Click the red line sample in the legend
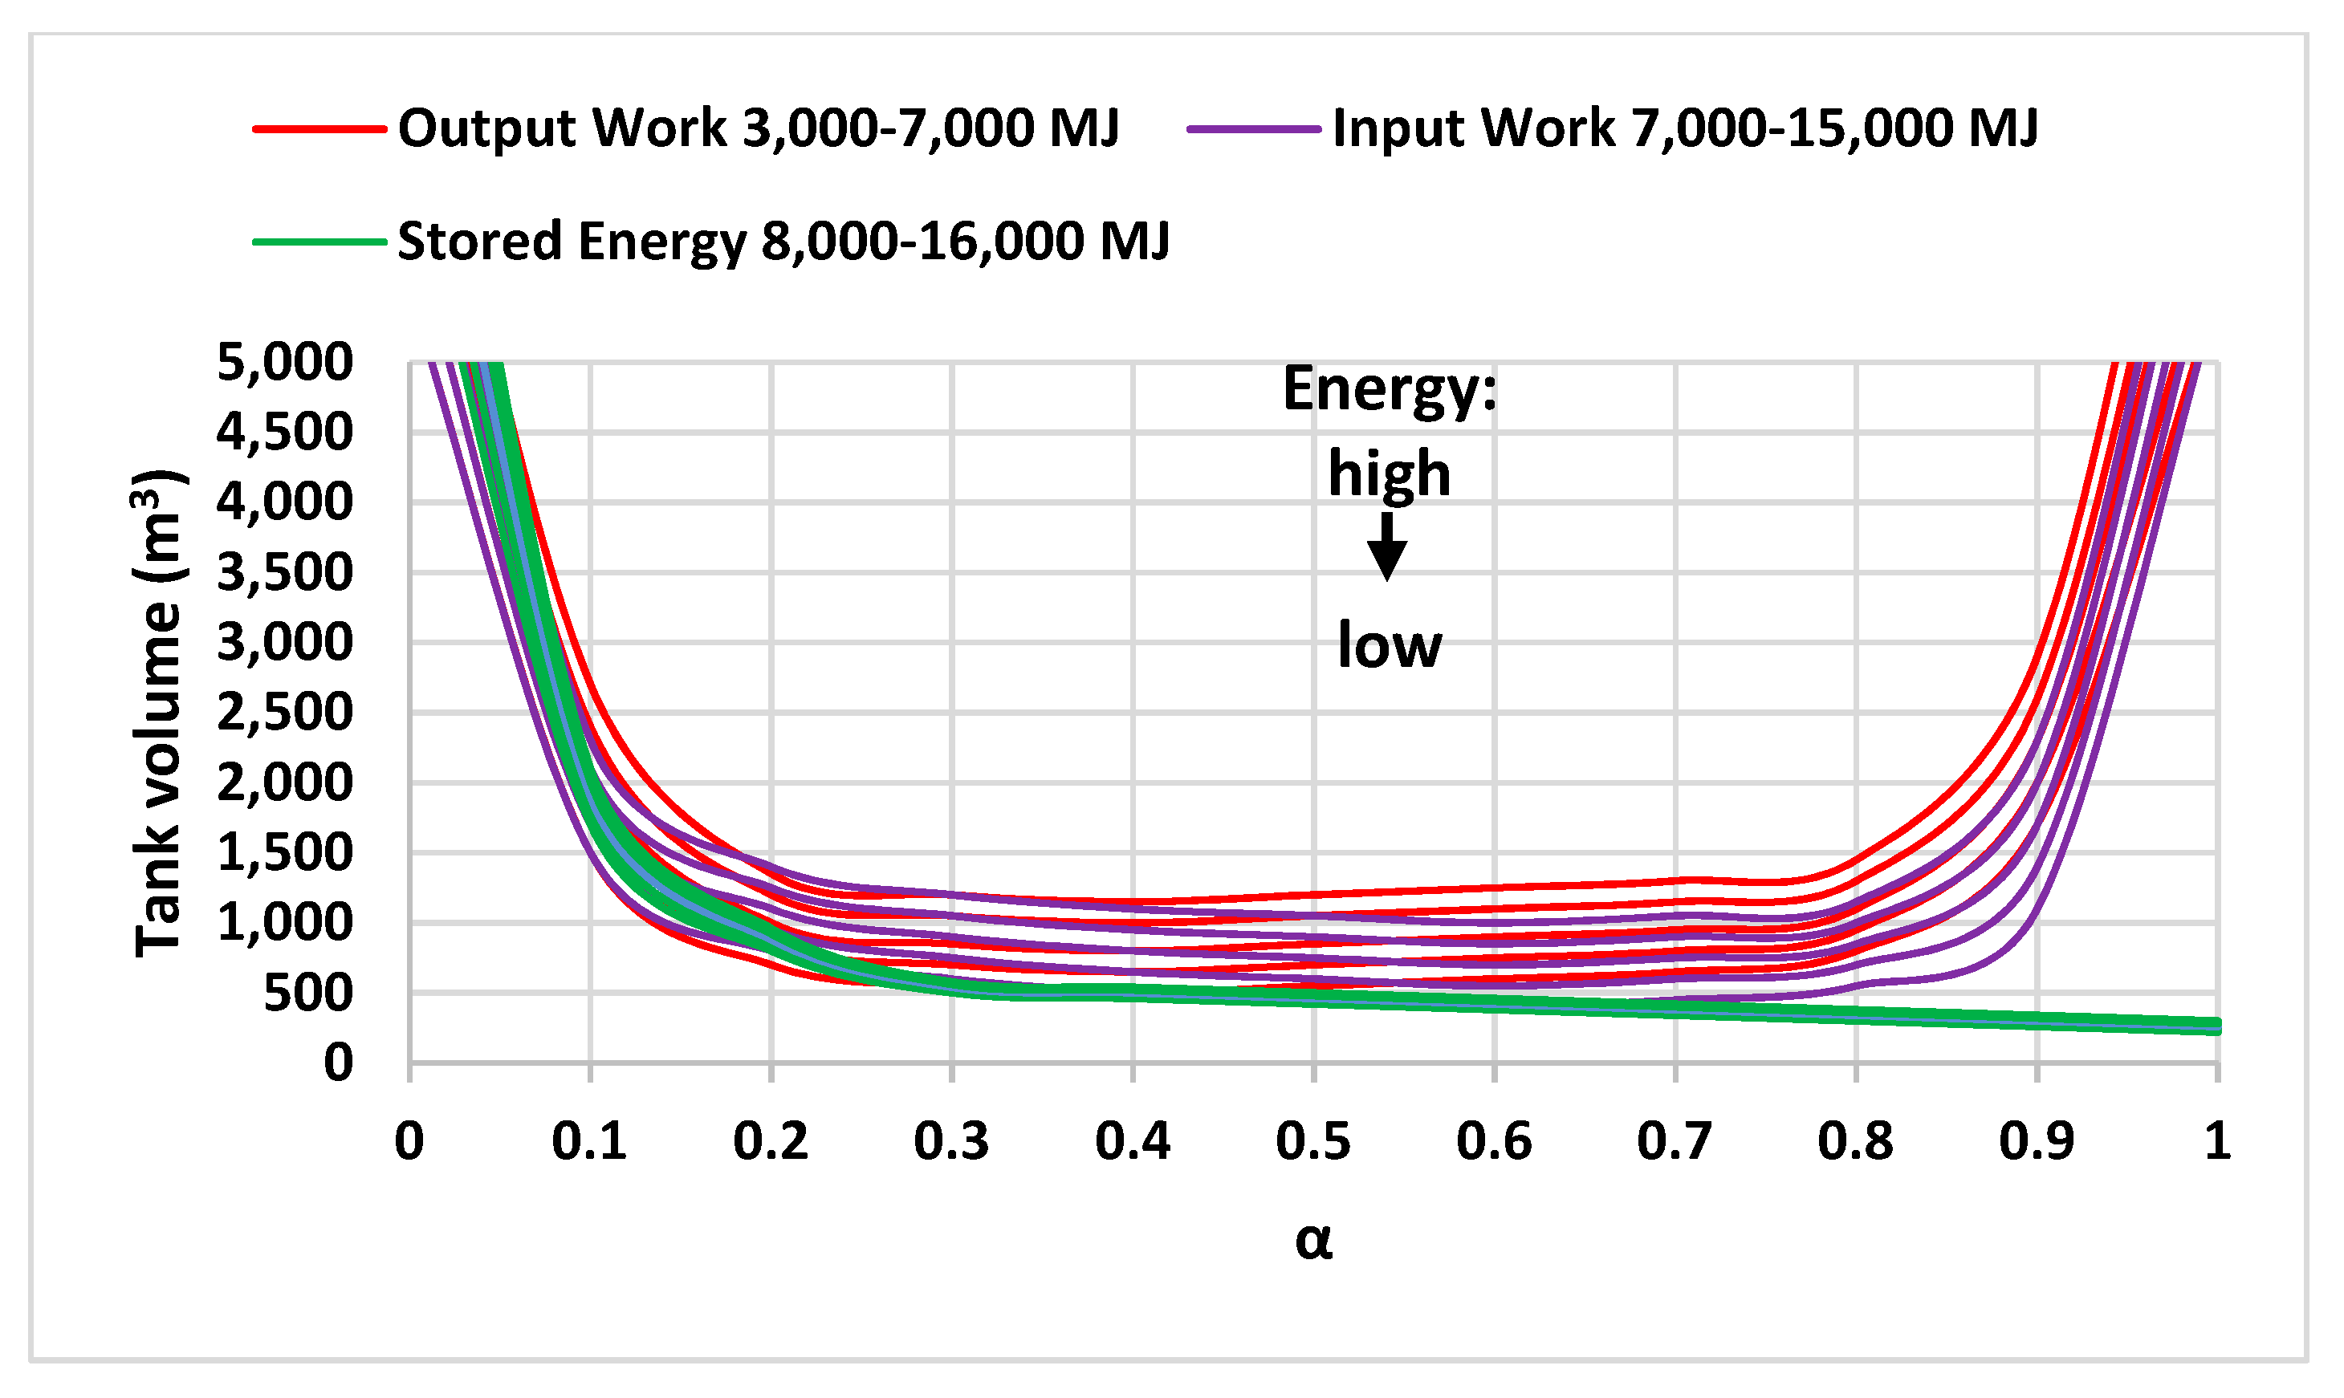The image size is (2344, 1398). coord(319,129)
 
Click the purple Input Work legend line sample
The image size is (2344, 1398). coord(1254,129)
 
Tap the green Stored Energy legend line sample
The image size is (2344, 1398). coord(319,242)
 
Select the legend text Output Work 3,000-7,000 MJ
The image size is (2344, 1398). coord(759,128)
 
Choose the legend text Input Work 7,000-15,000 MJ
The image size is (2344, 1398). coord(1684,128)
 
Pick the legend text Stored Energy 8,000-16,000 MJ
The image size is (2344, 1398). coord(783,242)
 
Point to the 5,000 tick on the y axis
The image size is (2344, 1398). coord(284,362)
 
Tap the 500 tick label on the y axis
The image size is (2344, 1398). coord(307,993)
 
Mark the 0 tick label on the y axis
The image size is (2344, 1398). coord(338,1063)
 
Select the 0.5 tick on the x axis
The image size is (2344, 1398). coord(1313,1142)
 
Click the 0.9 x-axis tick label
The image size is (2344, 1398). coord(2036,1142)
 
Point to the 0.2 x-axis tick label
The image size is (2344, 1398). coord(771,1142)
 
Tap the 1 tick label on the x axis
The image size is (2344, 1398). coord(2218,1142)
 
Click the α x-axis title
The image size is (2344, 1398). coord(1313,1240)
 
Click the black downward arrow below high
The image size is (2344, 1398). coord(1387,547)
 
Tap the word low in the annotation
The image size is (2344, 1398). coord(1389,646)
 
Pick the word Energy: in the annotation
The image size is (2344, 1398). coord(1390,389)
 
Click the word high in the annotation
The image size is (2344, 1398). coord(1389,473)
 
